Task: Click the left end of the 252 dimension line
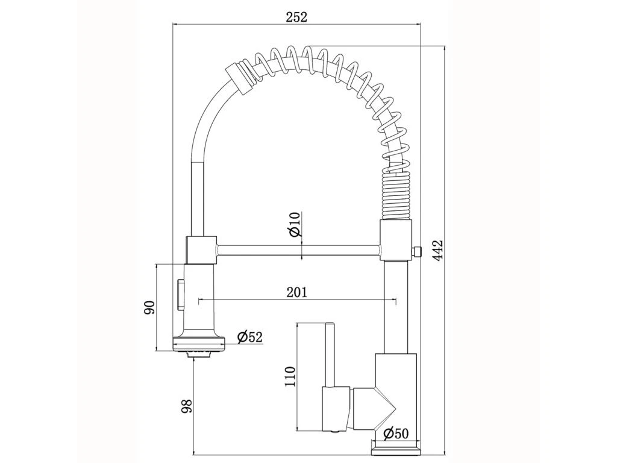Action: point(173,24)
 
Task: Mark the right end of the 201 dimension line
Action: point(396,300)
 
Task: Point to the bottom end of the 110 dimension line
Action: point(296,429)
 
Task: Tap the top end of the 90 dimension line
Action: point(156,265)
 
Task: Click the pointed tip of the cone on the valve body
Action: point(396,408)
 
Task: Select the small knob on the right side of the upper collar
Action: point(416,251)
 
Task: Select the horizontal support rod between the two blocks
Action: point(298,250)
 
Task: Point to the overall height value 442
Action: point(438,250)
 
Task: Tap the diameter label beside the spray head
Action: point(250,337)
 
